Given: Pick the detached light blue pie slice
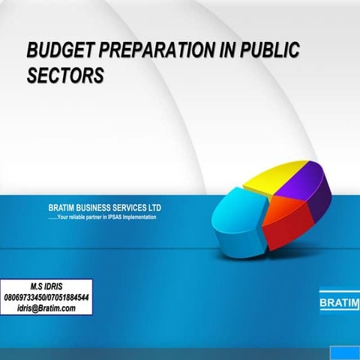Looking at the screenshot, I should pos(236,217).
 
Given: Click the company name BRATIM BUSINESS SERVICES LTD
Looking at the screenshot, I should pos(104,208).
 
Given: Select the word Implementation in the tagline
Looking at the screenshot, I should pos(138,217).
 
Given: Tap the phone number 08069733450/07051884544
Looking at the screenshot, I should pos(46,297).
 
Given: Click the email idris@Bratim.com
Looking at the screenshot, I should pos(46,307).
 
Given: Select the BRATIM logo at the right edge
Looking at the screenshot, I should pos(340,304).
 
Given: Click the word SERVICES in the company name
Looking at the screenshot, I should pos(126,208).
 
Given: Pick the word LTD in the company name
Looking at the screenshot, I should pos(154,208).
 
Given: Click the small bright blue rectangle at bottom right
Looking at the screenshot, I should pos(346,352).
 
